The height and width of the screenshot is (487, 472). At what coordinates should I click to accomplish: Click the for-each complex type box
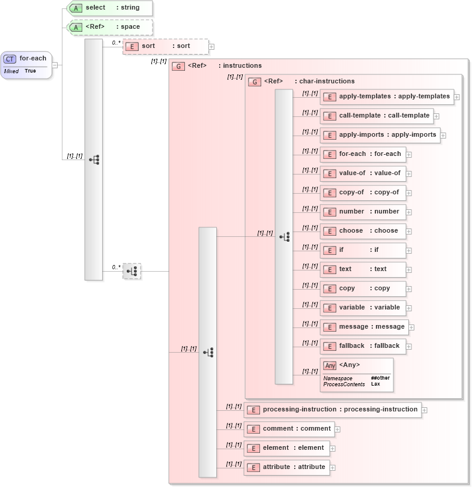[x=26, y=64]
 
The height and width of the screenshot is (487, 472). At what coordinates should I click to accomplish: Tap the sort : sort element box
[x=165, y=46]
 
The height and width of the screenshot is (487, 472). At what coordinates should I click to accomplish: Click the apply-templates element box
[x=387, y=97]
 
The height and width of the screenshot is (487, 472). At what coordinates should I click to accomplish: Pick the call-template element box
[x=377, y=116]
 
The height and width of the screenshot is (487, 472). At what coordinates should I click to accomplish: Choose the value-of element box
[x=363, y=173]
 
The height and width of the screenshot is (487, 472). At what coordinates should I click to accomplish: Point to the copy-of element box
[x=363, y=193]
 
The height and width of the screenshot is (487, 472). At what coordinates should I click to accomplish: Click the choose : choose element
[x=363, y=231]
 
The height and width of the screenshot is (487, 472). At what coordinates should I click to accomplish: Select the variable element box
[x=363, y=308]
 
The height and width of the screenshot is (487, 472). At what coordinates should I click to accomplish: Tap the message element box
[x=364, y=327]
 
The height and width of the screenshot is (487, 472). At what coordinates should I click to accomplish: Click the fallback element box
[x=363, y=346]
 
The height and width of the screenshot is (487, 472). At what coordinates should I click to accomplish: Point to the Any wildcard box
[x=357, y=374]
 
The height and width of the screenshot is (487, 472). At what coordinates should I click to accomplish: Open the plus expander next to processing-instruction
[x=425, y=410]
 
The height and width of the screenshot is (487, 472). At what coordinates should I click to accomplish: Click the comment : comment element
[x=289, y=429]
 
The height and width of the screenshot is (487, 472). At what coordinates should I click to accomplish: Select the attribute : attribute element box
[x=286, y=467]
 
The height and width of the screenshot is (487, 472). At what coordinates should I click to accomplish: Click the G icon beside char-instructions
[x=255, y=82]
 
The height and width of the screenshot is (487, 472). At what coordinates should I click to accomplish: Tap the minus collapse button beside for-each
[x=55, y=65]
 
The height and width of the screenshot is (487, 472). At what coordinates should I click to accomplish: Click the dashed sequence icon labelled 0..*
[x=132, y=271]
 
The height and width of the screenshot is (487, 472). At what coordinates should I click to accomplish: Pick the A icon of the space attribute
[x=76, y=27]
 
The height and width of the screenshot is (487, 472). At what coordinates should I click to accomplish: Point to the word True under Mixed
[x=30, y=71]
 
